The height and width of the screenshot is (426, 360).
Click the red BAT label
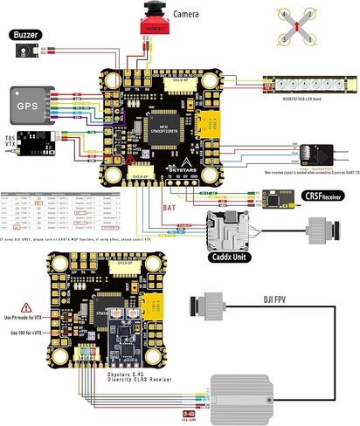click(172, 209)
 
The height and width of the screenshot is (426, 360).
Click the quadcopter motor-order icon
click(296, 27)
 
